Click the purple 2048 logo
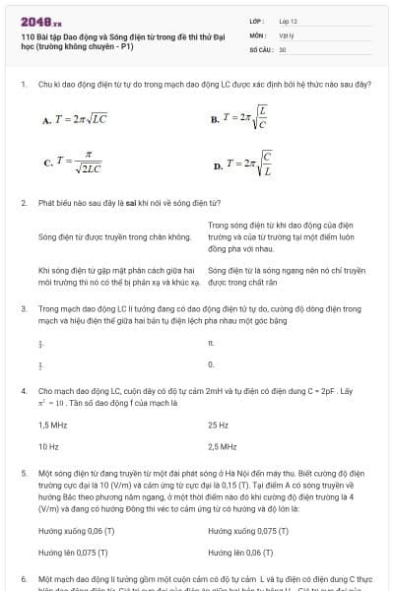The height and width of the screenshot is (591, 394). click(x=37, y=21)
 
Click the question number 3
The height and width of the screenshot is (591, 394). click(x=23, y=308)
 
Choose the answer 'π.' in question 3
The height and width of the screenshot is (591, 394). click(x=211, y=344)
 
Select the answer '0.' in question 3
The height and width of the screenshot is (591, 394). click(x=211, y=364)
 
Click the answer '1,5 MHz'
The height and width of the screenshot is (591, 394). click(x=53, y=425)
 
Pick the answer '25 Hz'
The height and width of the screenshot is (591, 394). click(x=218, y=425)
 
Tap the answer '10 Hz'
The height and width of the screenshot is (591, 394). click(x=48, y=446)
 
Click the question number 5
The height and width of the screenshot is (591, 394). click(x=23, y=474)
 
